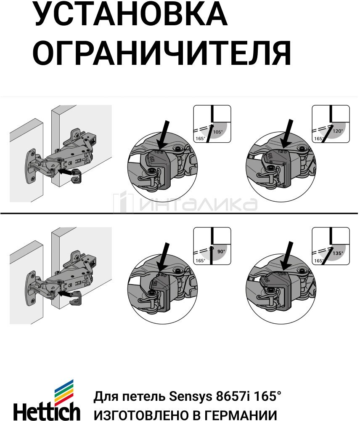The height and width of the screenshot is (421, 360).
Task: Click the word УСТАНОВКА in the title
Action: [x=130, y=14]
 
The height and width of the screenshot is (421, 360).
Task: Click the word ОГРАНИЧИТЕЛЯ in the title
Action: [x=162, y=53]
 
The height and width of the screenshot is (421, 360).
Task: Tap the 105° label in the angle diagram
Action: [x=218, y=132]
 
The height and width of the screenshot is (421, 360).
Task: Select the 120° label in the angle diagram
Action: [x=338, y=131]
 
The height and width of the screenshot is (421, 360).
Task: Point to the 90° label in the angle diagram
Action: [x=221, y=251]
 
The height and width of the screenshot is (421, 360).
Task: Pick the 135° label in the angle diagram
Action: [x=337, y=253]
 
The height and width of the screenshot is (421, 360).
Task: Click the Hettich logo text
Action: [x=47, y=410]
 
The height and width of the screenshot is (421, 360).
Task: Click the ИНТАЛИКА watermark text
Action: [x=198, y=204]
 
